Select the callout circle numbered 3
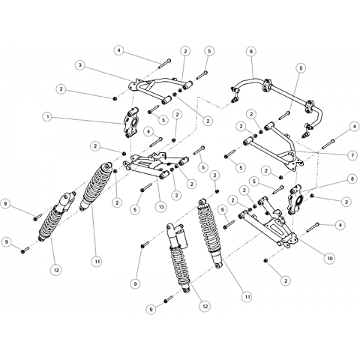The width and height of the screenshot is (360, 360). click(80, 65)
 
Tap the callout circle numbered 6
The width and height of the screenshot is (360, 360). click(251, 52)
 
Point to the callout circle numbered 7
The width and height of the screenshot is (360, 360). click(352, 155)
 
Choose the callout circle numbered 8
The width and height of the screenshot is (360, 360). click(352, 179)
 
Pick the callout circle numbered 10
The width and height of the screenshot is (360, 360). click(330, 259)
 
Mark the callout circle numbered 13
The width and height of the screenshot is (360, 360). click(161, 207)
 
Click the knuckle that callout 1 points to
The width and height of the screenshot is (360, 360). click(131, 122)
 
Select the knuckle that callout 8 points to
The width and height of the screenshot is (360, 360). click(295, 200)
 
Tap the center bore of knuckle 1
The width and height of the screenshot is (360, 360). click(134, 123)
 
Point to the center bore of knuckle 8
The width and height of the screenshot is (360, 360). click(299, 200)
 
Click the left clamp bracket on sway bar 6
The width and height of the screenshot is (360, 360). click(266, 85)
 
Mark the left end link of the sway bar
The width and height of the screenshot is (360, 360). click(235, 95)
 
